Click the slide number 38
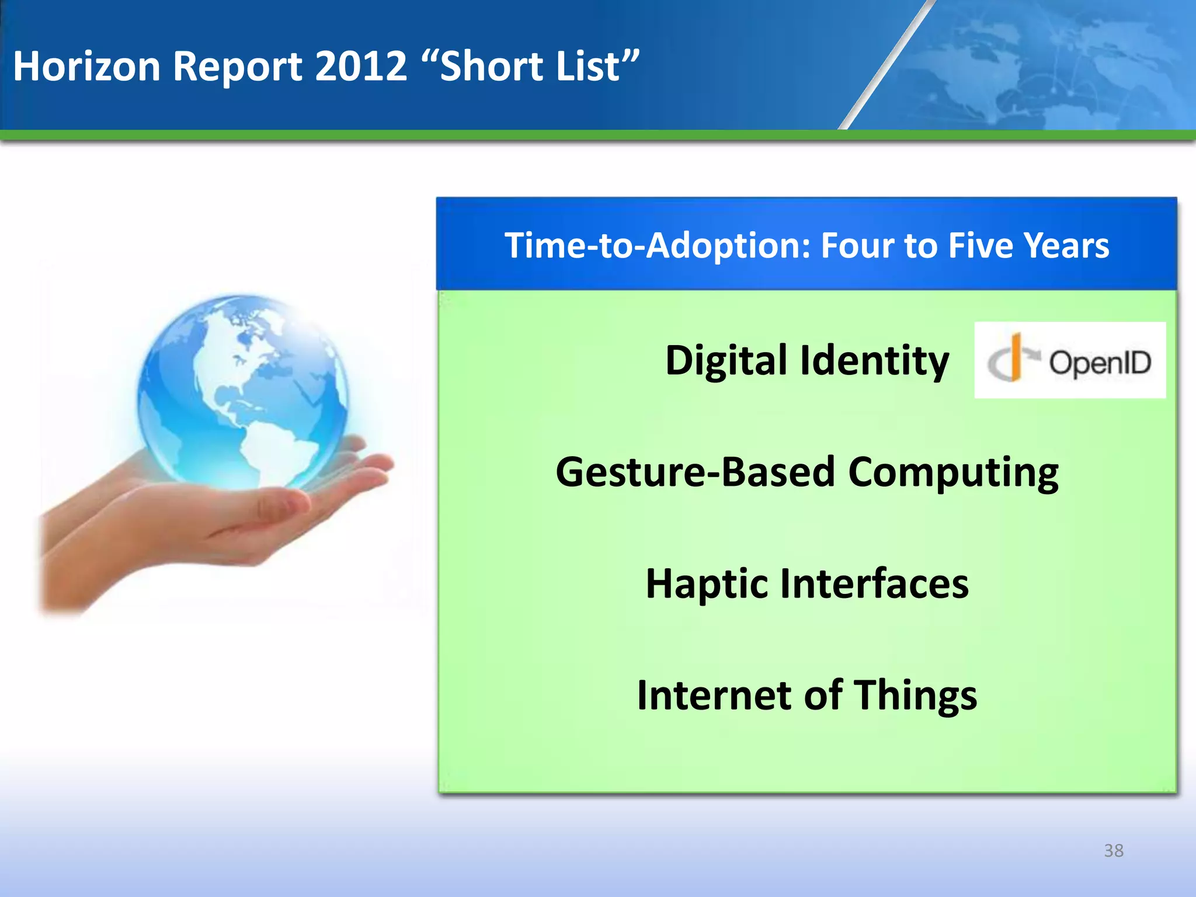click(x=1113, y=851)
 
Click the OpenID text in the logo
click(x=1100, y=363)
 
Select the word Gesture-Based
click(x=695, y=472)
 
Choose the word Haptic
click(x=706, y=584)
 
